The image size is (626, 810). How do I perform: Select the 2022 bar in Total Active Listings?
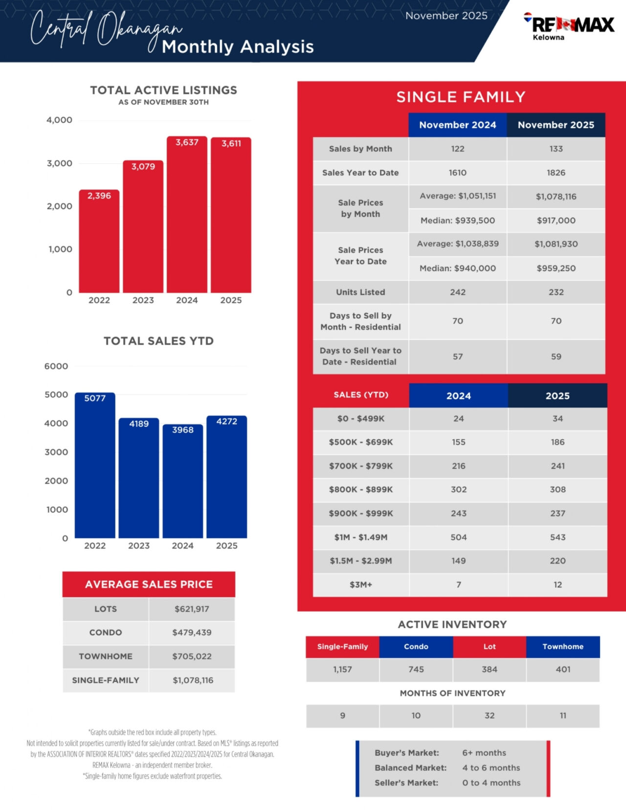click(x=99, y=242)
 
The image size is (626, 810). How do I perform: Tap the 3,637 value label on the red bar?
click(x=187, y=142)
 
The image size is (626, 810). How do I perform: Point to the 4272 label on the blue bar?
click(x=227, y=421)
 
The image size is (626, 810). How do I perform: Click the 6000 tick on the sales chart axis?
click(x=56, y=366)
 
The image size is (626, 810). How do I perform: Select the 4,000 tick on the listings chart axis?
click(x=59, y=120)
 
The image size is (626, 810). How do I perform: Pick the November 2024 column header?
click(x=457, y=125)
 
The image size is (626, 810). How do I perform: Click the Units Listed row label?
click(x=360, y=292)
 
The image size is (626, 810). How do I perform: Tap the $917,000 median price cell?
click(x=556, y=220)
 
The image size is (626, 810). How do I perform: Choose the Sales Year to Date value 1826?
click(x=556, y=173)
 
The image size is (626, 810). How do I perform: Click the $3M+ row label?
click(x=360, y=585)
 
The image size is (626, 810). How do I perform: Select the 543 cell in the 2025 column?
click(x=558, y=537)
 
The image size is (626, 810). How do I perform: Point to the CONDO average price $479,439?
click(x=192, y=633)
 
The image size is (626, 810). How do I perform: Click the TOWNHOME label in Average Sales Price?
click(x=106, y=657)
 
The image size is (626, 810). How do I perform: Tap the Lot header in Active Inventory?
click(x=490, y=647)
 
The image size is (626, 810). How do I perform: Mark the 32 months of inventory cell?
click(x=490, y=716)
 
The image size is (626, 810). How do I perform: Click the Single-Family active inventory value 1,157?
click(x=342, y=670)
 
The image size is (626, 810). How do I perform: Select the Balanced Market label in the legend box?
click(x=411, y=768)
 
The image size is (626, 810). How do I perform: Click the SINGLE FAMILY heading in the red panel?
click(x=461, y=97)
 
